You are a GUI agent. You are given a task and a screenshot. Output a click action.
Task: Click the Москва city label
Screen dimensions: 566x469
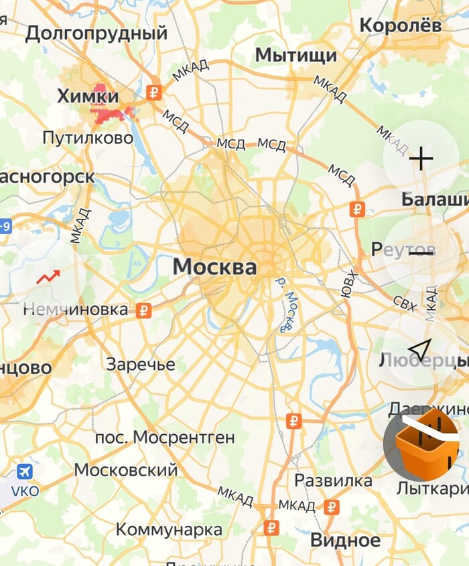214,268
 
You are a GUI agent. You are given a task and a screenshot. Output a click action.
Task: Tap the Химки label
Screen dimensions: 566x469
88,96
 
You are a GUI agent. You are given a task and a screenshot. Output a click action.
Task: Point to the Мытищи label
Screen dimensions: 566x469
296,55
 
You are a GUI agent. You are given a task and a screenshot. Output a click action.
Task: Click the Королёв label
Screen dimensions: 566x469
401,25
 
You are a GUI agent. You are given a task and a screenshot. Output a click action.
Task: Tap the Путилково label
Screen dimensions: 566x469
88,138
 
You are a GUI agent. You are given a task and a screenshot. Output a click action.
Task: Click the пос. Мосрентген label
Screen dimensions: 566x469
165,438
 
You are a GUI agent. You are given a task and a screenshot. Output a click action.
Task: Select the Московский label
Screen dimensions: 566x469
126,470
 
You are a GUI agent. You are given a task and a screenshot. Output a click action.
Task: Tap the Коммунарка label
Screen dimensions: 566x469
169,529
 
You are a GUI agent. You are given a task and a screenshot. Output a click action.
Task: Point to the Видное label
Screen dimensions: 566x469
345,539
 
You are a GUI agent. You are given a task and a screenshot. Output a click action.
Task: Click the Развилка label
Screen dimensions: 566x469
334,480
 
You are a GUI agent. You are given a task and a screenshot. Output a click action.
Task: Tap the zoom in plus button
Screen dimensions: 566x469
421,159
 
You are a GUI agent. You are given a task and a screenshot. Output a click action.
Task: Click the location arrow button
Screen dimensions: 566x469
420,349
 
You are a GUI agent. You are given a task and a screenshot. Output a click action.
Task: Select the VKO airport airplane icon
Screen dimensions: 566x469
25,472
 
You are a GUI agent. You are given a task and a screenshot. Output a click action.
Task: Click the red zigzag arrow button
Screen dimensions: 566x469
48,276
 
